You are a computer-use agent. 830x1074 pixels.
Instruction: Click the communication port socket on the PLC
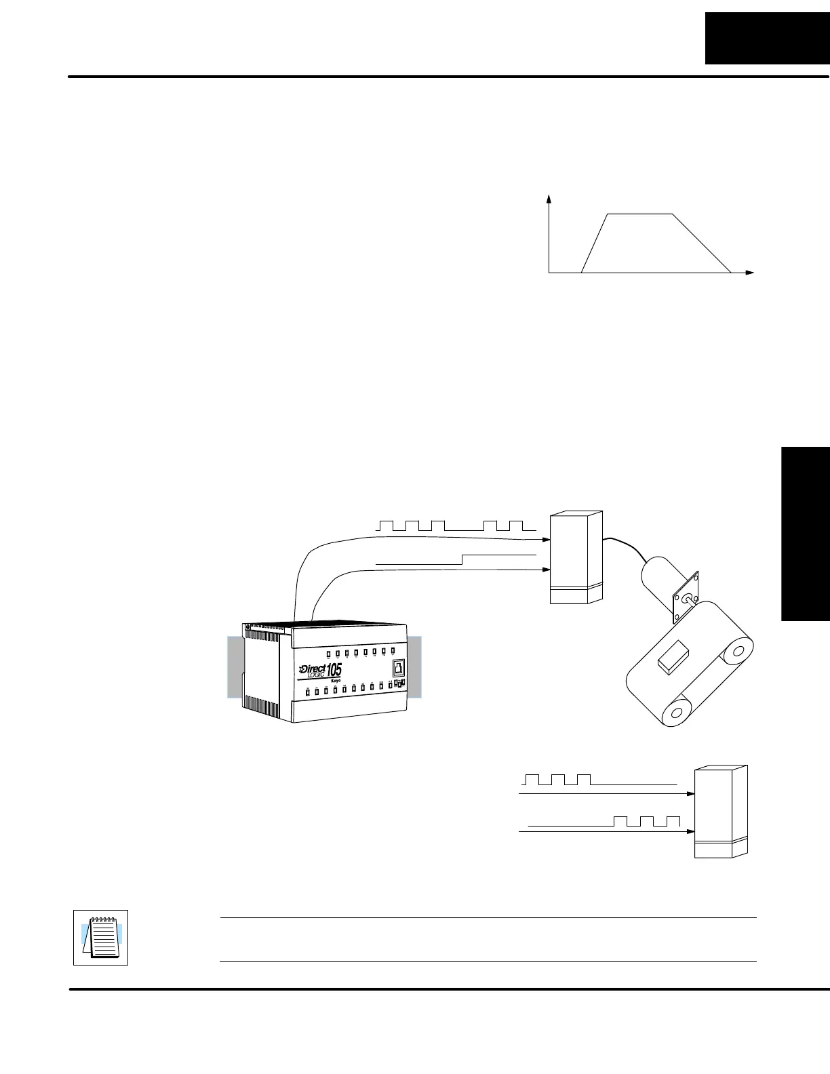point(399,667)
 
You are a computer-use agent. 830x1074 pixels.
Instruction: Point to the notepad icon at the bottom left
point(100,937)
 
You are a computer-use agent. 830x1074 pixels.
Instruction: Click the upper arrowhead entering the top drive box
point(546,540)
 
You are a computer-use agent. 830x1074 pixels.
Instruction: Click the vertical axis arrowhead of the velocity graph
point(549,198)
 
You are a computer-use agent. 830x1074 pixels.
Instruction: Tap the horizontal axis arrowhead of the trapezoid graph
point(749,273)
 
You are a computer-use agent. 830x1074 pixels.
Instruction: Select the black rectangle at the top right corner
point(767,38)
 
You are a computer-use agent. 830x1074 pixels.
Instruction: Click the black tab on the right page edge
point(806,533)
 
